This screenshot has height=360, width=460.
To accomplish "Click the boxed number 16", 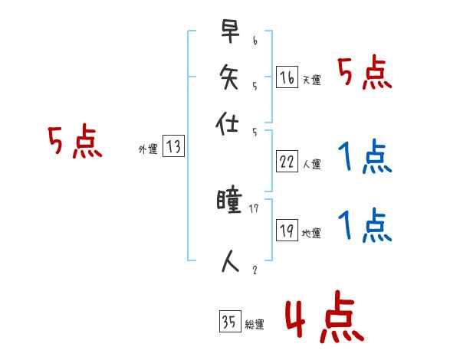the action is (287, 77).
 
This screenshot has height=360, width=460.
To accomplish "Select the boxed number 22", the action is (287, 162).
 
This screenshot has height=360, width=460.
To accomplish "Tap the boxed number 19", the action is (287, 231).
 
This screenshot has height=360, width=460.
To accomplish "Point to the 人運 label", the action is (312, 164).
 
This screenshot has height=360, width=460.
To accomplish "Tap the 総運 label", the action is (255, 325).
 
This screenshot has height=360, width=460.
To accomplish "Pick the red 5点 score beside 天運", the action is (366, 74).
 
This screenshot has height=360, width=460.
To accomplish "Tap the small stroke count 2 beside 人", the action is (254, 270).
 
